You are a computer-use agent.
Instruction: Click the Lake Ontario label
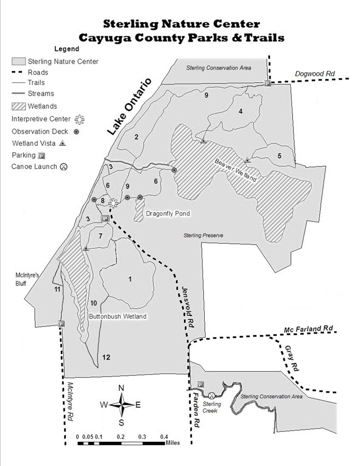point(129,106)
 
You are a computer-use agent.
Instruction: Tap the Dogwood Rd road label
point(314,74)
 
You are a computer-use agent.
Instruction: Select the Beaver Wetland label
point(236,171)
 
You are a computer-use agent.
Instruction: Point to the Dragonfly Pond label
point(168,214)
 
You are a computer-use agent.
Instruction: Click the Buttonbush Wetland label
point(118,316)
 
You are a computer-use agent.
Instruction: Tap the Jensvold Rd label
point(188,307)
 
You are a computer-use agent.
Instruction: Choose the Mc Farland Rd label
point(308,329)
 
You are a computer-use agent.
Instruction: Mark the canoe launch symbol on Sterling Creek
point(211,396)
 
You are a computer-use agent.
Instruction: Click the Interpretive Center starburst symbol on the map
point(113,203)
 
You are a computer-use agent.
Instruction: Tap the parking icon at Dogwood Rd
point(268,83)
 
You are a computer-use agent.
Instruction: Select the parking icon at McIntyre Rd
point(61,324)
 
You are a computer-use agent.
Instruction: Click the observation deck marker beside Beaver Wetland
point(174,170)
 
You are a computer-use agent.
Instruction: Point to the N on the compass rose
point(121,388)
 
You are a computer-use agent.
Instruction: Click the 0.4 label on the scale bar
point(164,437)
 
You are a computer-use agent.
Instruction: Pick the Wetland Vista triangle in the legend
point(62,144)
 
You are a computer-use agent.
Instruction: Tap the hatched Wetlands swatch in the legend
point(19,106)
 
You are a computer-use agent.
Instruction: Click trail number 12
point(106,357)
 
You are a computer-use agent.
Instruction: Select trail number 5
point(279,156)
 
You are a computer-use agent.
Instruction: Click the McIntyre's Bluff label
point(27,279)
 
